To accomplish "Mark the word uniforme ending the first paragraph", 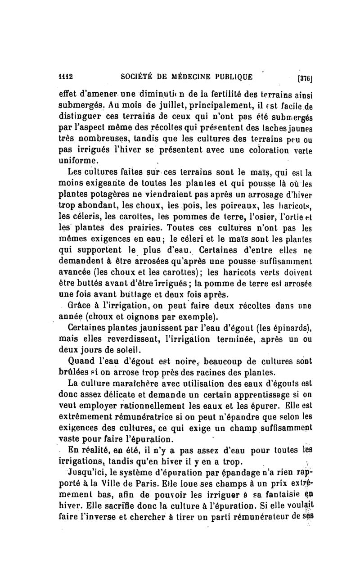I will coord(79,160).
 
